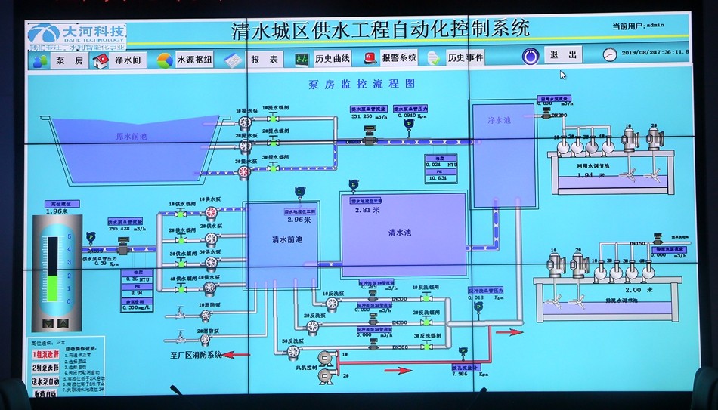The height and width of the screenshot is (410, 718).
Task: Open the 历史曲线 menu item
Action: [x=332, y=58]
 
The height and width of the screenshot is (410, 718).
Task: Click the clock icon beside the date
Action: [x=609, y=54]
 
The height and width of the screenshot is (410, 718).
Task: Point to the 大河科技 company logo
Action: [x=76, y=34]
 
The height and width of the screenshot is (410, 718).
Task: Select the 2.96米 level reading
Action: [x=300, y=220]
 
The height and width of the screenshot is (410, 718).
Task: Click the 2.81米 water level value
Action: [x=368, y=211]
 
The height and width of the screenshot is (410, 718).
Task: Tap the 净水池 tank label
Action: [x=500, y=120]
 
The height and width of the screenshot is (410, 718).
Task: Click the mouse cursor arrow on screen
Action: [x=562, y=74]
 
